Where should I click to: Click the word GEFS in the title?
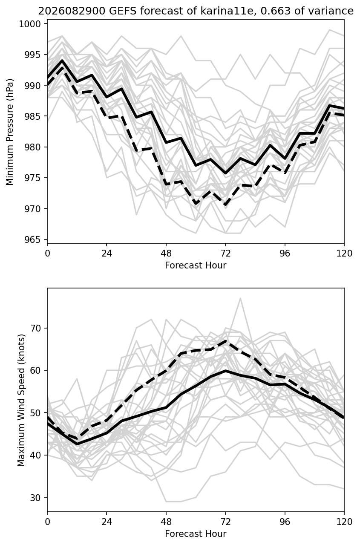123,11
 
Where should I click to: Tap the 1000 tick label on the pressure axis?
30,24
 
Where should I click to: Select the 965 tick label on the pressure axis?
32,239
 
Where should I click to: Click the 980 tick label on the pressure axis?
32,147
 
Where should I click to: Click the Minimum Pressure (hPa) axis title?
10,132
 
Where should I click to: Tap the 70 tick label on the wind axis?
35,328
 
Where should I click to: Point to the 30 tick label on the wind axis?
35,498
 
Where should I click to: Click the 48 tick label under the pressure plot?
166,254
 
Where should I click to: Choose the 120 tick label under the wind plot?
344,522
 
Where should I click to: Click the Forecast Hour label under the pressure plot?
196,265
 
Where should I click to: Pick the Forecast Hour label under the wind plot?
196,534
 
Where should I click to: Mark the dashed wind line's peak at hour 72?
226,341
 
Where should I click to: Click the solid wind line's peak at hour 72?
226,371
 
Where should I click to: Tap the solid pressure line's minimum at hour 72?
225,173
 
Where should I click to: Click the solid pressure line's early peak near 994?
62,60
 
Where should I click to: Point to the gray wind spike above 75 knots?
240,298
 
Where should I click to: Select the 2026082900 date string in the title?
72,11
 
